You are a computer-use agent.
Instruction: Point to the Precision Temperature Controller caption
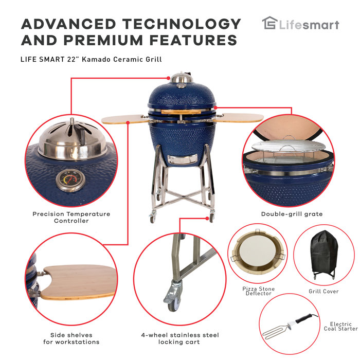[x=71, y=217]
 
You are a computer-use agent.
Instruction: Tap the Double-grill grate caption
[x=292, y=214]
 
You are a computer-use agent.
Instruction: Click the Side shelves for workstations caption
[x=71, y=338]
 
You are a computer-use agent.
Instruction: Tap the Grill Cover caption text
[x=323, y=292]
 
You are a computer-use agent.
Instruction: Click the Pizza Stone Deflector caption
[x=259, y=292]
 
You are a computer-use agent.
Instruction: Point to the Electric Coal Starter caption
[x=337, y=327]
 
